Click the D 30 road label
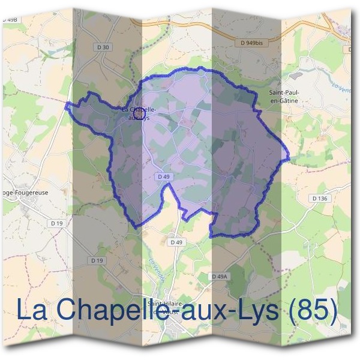coord(103,47)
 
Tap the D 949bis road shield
coord(252,43)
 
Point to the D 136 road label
coord(319,198)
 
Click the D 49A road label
coord(220,276)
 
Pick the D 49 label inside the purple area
coord(163,176)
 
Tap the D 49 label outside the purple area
coord(176,242)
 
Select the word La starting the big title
coord(32,310)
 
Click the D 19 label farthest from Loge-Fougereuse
coord(97,260)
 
